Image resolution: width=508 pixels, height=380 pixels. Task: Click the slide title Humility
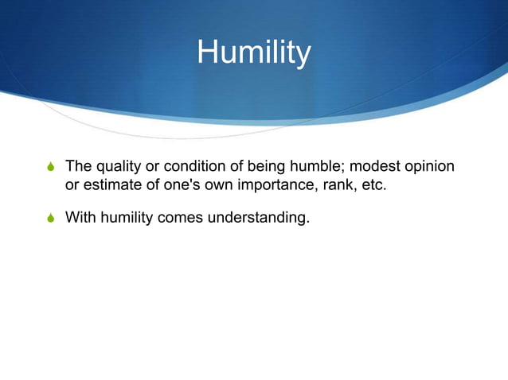254,53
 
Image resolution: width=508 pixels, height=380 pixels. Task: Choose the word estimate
109,187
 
